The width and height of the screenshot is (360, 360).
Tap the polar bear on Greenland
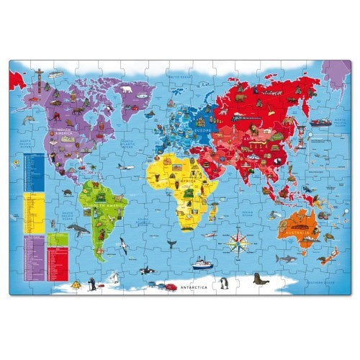tap(127, 91)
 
